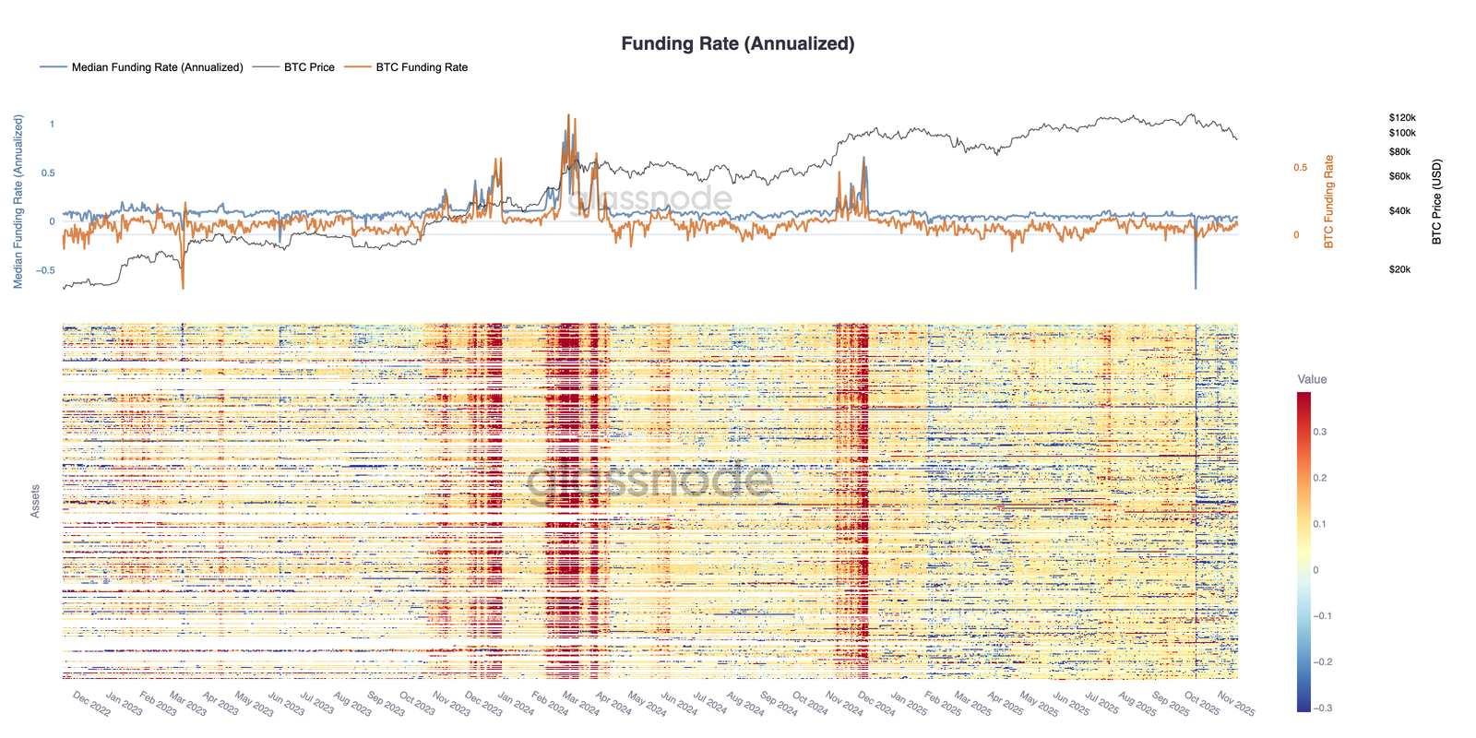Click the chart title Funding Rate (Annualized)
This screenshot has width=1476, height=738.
[x=737, y=43]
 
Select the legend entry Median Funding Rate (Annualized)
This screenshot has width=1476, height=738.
[x=157, y=67]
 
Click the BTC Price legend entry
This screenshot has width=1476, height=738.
[x=309, y=67]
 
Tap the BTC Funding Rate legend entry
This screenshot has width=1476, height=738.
[x=422, y=67]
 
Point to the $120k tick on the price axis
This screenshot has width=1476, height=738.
[x=1401, y=118]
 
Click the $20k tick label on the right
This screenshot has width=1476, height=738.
[x=1399, y=269]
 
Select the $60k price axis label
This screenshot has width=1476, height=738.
[x=1399, y=176]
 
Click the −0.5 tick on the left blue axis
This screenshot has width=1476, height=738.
[x=44, y=270]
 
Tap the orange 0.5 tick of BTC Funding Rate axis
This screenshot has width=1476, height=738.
[x=1301, y=167]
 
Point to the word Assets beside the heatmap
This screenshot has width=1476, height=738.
[x=35, y=501]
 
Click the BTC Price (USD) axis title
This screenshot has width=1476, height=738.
[x=1436, y=202]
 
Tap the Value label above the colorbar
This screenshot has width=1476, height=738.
[x=1312, y=379]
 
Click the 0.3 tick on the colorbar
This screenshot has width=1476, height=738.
[x=1320, y=432]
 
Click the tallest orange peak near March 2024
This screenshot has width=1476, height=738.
[x=567, y=117]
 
